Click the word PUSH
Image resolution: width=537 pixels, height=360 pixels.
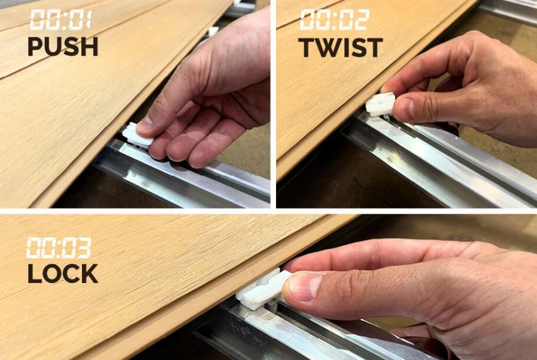[63, 47]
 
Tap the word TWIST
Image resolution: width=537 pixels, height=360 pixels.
[340, 48]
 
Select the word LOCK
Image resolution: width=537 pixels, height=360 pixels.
[62, 274]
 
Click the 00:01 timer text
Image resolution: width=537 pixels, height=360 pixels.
[61, 20]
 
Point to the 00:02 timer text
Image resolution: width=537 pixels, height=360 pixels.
[335, 20]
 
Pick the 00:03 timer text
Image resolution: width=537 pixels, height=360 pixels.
[59, 247]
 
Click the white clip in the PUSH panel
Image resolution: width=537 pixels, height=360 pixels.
[137, 136]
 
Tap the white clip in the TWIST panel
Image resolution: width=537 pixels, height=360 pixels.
[381, 104]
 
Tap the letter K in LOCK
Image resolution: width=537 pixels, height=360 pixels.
[89, 274]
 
